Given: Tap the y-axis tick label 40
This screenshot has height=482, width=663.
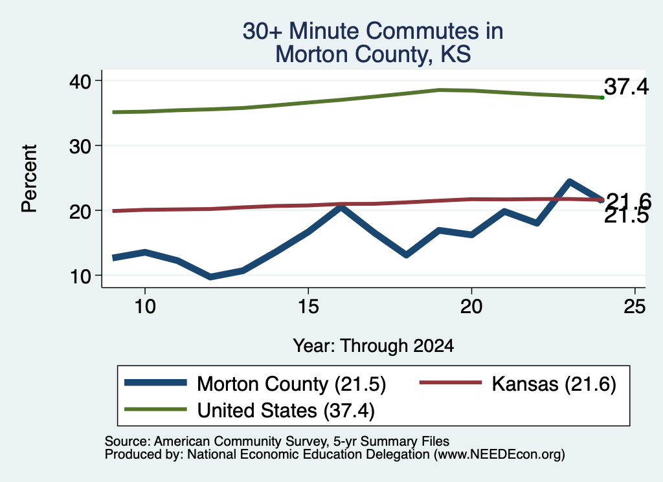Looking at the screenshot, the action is click(x=80, y=82).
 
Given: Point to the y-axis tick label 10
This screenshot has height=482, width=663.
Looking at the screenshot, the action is click(x=81, y=277).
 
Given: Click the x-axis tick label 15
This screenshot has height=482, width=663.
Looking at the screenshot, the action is click(x=308, y=306).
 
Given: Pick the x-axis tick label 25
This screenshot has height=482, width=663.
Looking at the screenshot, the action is click(x=635, y=306).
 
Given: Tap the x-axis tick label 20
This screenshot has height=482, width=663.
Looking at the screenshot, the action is click(x=471, y=306).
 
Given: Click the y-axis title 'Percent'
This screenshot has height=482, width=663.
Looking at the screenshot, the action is click(x=30, y=179).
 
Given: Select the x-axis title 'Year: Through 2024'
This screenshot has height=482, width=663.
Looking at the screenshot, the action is click(x=374, y=345).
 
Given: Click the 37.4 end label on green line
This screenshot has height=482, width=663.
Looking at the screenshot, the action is click(x=626, y=87).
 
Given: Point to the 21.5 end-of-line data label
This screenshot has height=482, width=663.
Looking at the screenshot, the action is click(x=626, y=216).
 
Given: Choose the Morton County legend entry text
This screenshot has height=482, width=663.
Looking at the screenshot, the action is click(x=291, y=384).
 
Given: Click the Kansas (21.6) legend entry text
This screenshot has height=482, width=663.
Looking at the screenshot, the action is click(x=554, y=384).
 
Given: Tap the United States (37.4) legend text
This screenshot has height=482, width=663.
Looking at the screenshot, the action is click(x=286, y=410).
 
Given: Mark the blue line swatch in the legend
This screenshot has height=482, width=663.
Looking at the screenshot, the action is click(x=155, y=383).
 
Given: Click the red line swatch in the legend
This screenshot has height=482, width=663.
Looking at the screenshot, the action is click(x=451, y=383).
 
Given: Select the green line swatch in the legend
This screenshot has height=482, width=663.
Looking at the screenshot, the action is click(x=155, y=409).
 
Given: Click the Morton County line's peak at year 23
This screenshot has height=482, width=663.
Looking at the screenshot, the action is click(x=570, y=182).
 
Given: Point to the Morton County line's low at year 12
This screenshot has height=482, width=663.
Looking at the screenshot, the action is click(x=210, y=277).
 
